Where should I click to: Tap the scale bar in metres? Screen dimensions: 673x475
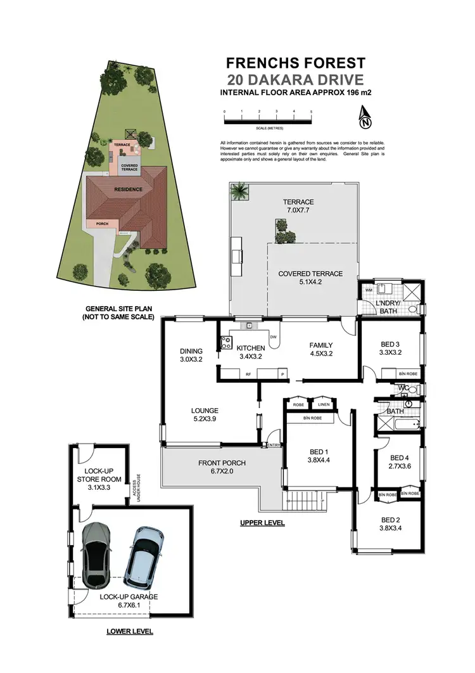267,119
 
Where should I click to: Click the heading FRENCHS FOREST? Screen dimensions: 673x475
296,63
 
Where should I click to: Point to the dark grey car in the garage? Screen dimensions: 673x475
96,549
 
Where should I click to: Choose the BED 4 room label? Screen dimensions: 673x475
399,461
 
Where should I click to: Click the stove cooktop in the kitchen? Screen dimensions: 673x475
225,343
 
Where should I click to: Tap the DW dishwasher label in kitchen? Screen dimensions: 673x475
273,337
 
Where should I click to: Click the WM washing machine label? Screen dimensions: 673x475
369,290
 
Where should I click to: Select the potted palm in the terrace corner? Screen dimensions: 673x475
240,190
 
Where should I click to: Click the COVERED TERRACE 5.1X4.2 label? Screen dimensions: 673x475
310,278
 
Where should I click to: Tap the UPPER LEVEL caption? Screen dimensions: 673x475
262,523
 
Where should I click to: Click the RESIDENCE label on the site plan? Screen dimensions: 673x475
128,189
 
